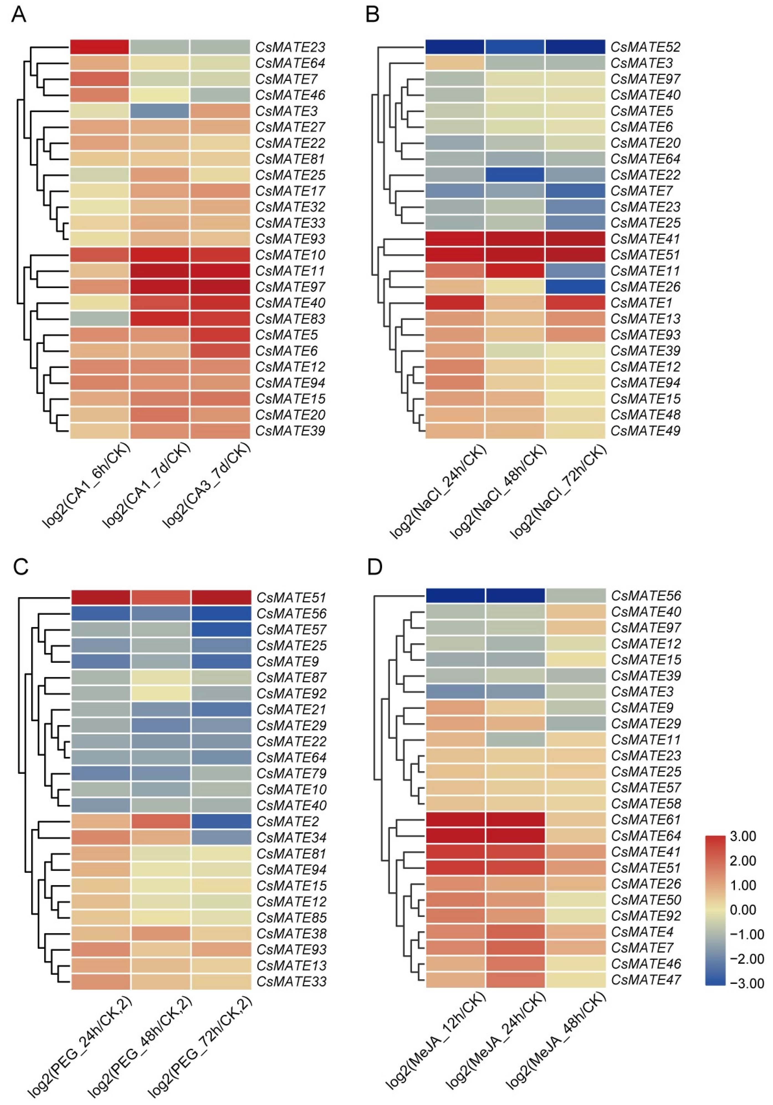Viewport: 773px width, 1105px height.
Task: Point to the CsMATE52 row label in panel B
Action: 645,47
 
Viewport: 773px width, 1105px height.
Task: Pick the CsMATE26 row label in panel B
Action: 645,287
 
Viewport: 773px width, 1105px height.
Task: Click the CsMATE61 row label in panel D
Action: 646,819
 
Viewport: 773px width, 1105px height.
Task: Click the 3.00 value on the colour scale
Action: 743,836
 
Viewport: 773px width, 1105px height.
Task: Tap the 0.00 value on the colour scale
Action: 743,909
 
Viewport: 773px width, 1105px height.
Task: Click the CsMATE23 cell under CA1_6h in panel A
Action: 100,47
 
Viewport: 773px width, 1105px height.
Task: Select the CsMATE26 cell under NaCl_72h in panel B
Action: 575,287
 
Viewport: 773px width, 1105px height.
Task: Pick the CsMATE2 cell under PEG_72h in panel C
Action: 221,821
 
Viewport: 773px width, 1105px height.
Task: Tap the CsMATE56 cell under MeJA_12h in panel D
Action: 455,595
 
